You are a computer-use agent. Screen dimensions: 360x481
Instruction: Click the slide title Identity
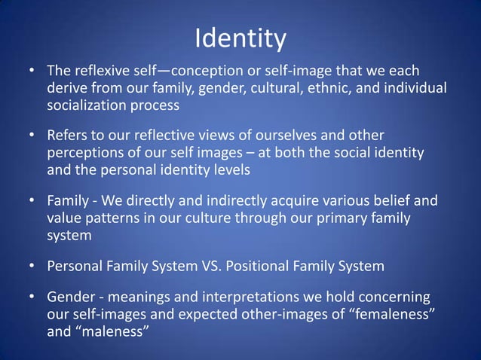pos(240,38)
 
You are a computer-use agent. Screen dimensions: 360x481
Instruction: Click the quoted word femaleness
pos(392,313)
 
